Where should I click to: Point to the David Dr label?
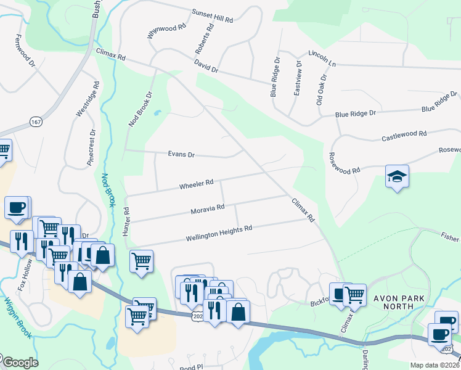pyautogui.click(x=206, y=67)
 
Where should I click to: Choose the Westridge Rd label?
pyautogui.click(x=86, y=99)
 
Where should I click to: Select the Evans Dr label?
pyautogui.click(x=181, y=155)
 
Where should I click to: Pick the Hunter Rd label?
pyautogui.click(x=126, y=218)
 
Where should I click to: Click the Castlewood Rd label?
pyautogui.click(x=404, y=134)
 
